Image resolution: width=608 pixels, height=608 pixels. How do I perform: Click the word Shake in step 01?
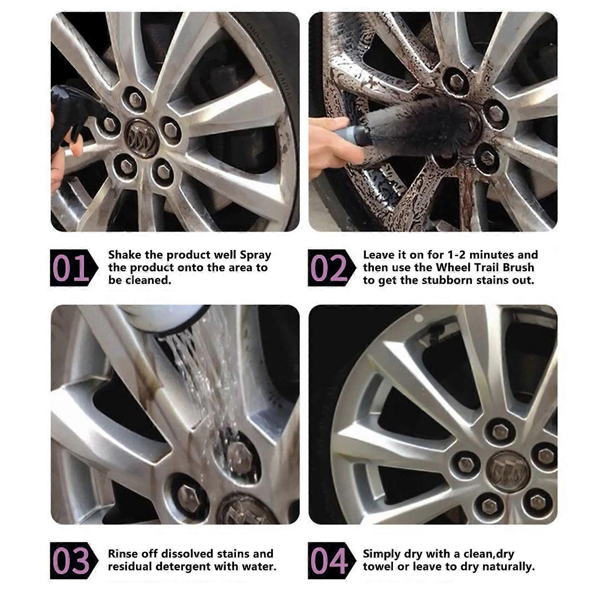point(124,255)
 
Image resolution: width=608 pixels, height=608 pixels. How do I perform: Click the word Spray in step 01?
point(255,255)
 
